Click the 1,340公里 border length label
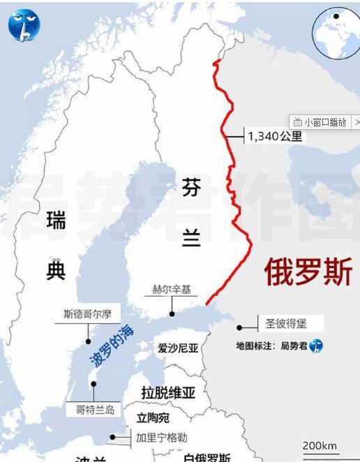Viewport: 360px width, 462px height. click(x=276, y=137)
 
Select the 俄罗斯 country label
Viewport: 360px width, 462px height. click(x=308, y=271)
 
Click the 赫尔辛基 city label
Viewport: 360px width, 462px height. click(x=171, y=288)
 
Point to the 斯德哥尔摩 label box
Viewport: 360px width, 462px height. click(x=88, y=314)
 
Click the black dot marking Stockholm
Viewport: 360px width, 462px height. click(x=89, y=341)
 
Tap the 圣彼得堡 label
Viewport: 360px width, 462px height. click(x=285, y=324)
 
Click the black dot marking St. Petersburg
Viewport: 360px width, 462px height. click(x=239, y=327)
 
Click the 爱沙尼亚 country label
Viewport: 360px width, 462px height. click(x=178, y=348)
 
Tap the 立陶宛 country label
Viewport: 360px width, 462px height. click(x=153, y=418)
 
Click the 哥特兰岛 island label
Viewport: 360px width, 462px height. click(x=95, y=410)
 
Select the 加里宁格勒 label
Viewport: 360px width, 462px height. click(x=161, y=438)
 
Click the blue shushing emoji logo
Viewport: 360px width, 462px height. click(x=24, y=24)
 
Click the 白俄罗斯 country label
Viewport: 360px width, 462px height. click(x=207, y=457)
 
